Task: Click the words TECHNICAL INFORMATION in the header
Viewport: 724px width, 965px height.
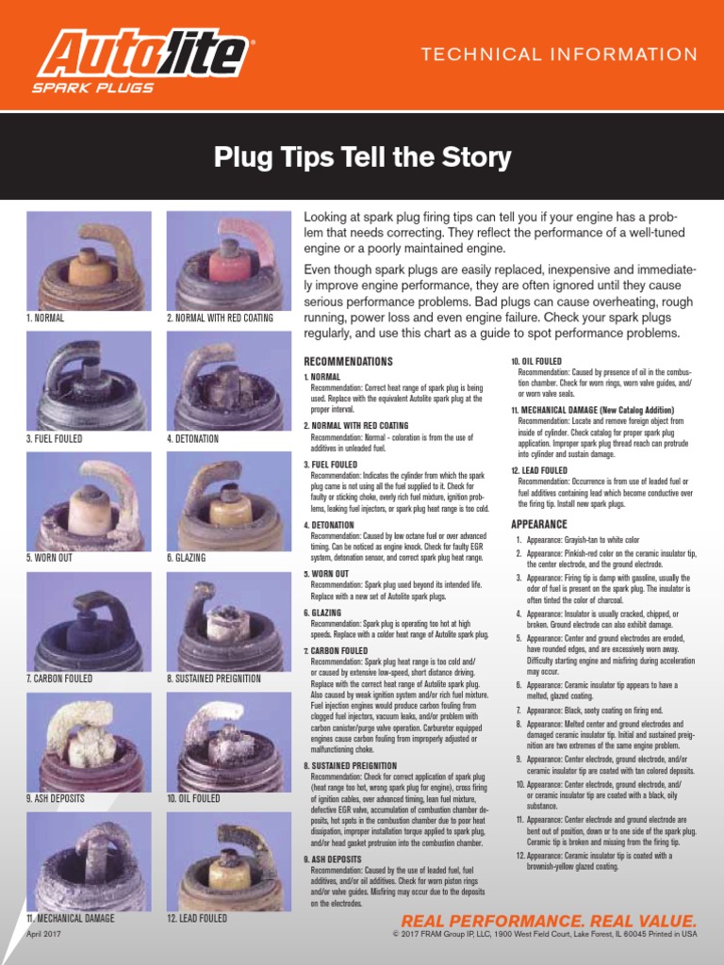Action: pyautogui.click(x=559, y=55)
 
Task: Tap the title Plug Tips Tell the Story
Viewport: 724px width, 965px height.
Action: pyautogui.click(x=362, y=156)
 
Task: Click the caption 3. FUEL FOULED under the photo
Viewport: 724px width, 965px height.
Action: pyautogui.click(x=54, y=439)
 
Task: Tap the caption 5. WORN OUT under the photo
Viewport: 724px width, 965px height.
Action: pyautogui.click(x=50, y=558)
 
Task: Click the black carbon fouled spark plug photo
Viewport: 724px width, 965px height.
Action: pyautogui.click(x=89, y=619)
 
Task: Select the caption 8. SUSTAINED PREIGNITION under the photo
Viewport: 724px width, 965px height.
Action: pyautogui.click(x=214, y=679)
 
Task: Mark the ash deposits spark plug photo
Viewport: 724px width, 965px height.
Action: pyautogui.click(x=89, y=740)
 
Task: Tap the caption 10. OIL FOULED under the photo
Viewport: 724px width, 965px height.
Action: pyautogui.click(x=193, y=798)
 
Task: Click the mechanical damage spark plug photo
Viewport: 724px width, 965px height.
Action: pyautogui.click(x=89, y=859)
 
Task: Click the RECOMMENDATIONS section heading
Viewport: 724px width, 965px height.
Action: pyautogui.click(x=348, y=362)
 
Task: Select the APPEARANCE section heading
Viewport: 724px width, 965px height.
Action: pyautogui.click(x=539, y=524)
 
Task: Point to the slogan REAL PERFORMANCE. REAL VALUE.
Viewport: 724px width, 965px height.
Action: pyautogui.click(x=550, y=921)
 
